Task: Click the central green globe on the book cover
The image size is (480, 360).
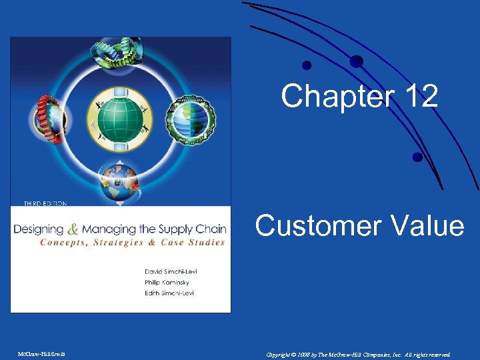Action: point(121,117)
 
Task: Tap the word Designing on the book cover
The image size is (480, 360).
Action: point(39,229)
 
